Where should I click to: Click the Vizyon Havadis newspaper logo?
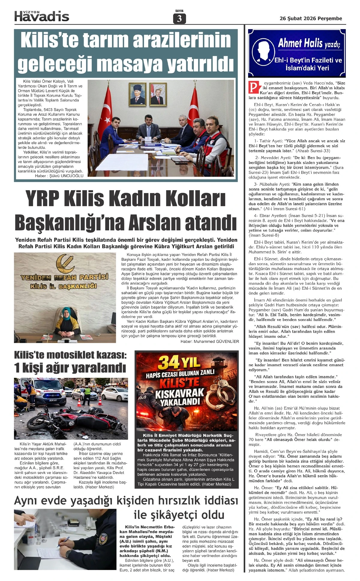click(x=42, y=16)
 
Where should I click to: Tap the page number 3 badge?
click(x=179, y=19)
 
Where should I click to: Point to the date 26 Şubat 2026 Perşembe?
click(x=311, y=19)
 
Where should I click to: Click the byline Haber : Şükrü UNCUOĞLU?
click(x=59, y=176)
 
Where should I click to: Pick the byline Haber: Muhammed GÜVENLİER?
click(x=210, y=341)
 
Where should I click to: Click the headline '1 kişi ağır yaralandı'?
click(x=70, y=368)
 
